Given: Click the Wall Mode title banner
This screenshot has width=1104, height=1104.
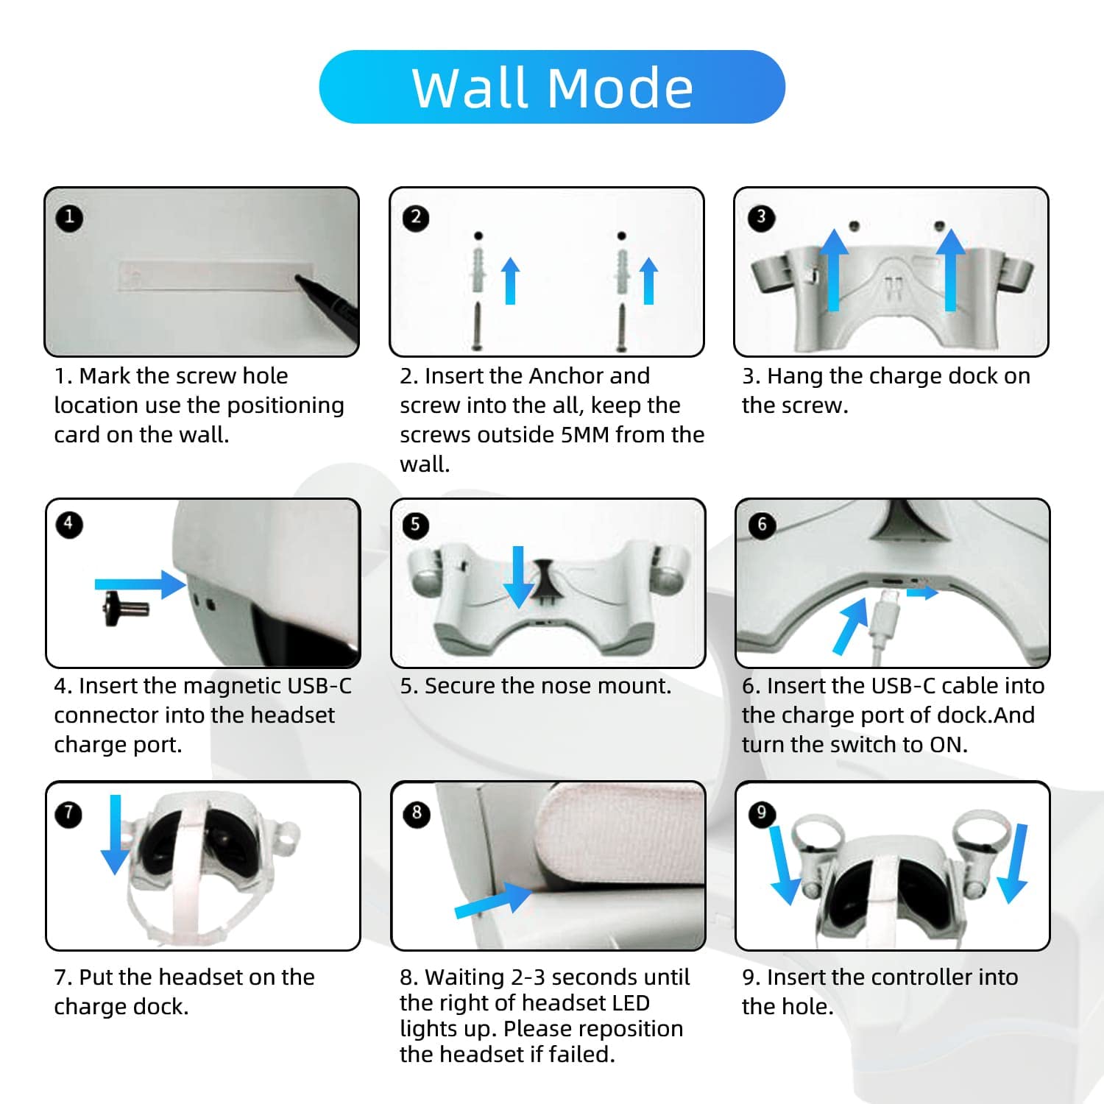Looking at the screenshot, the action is (x=552, y=87).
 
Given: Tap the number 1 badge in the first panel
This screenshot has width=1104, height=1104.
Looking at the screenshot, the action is (x=69, y=217).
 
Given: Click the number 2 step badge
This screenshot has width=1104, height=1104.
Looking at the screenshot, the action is (x=416, y=217).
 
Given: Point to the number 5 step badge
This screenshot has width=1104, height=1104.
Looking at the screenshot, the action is (x=416, y=525).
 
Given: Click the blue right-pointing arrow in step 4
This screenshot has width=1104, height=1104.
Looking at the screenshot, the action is (x=140, y=584).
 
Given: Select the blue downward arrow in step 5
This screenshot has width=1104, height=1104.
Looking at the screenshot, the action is (x=519, y=577).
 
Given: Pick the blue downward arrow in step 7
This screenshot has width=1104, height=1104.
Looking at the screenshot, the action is (x=116, y=835).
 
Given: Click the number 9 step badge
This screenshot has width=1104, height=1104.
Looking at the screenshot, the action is (x=761, y=813).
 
